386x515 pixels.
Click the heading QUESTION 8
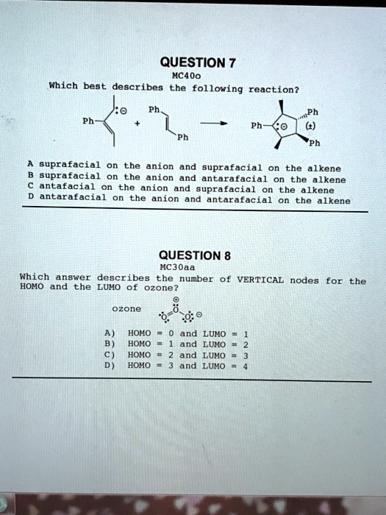click(x=196, y=256)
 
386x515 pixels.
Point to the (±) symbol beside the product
click(x=303, y=125)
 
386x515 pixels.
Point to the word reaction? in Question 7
click(x=273, y=90)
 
